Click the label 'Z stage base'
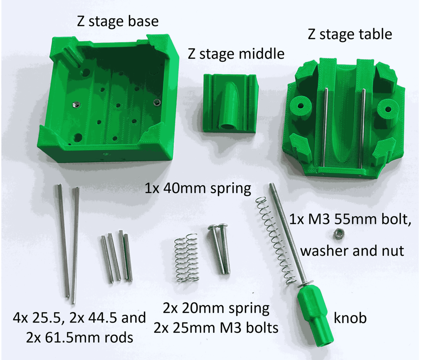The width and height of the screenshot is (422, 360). (118, 21)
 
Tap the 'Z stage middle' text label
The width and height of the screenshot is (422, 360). (236, 54)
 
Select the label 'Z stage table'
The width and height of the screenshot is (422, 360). (350, 34)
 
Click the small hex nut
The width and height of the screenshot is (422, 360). (339, 234)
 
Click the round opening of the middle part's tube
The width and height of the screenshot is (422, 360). (227, 124)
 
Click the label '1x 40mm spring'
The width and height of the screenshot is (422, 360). (197, 189)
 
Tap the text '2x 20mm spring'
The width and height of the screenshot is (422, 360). (216, 308)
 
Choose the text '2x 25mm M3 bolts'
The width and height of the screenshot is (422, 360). (216, 328)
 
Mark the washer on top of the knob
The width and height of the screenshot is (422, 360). (306, 284)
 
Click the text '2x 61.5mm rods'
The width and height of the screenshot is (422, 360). (79, 337)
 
